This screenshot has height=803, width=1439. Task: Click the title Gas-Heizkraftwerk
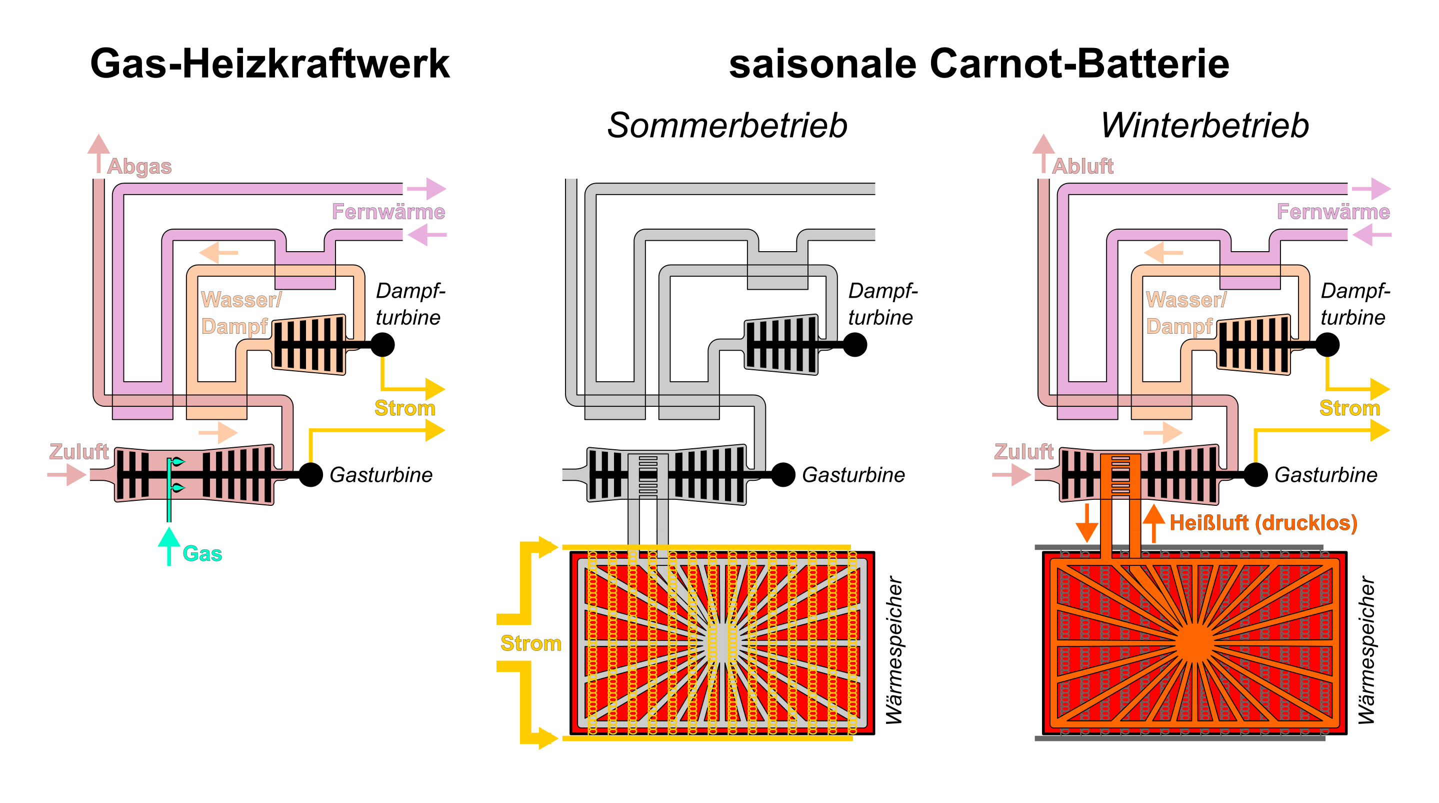[x=270, y=64]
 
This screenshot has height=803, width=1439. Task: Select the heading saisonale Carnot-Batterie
[x=978, y=64]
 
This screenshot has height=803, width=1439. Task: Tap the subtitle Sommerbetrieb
[x=727, y=125]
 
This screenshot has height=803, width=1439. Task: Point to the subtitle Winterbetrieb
[x=1204, y=125]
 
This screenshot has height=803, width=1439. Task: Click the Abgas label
[x=139, y=167]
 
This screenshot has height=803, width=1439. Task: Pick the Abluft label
[x=1082, y=167]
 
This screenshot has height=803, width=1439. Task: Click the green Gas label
[x=202, y=554]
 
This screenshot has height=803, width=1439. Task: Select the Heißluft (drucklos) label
[x=1263, y=523]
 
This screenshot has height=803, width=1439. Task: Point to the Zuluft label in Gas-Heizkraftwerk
[x=79, y=451]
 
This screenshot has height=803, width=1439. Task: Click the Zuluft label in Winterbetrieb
[x=1023, y=451]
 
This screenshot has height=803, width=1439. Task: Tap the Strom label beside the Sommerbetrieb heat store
[x=530, y=643]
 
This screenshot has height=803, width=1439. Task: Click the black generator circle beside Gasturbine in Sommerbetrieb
[x=783, y=475]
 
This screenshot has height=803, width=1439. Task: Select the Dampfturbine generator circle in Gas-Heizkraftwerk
[x=382, y=345]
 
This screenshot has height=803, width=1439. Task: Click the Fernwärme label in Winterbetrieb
[x=1333, y=212]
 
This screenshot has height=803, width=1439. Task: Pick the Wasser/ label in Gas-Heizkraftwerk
[x=241, y=300]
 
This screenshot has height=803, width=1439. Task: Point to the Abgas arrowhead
[x=99, y=144]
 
